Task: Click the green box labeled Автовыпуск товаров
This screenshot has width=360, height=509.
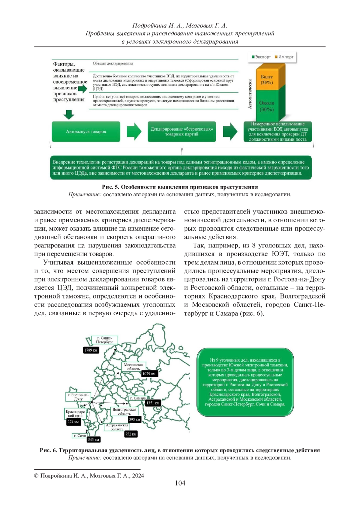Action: tap(86, 131)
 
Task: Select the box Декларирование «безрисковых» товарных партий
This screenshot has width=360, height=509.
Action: tap(181, 131)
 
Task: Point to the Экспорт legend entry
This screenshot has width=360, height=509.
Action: tap(261, 57)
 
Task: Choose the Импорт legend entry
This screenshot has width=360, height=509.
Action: tap(284, 57)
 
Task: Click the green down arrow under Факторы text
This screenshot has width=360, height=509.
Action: tap(69, 114)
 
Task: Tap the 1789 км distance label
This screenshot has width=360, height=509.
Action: tap(91, 350)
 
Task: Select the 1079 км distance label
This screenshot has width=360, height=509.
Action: tap(149, 374)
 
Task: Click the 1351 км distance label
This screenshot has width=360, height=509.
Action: tap(153, 403)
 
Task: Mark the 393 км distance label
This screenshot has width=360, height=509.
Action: tap(134, 419)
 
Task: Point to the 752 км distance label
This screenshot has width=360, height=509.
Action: tap(131, 434)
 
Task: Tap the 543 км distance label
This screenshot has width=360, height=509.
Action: tap(94, 439)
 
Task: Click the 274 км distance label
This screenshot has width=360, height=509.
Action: tap(73, 422)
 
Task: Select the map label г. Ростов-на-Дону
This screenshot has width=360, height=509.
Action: tap(78, 397)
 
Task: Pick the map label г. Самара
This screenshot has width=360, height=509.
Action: tap(137, 398)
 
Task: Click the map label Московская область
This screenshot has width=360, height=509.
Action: tap(134, 367)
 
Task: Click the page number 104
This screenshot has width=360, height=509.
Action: tap(180, 483)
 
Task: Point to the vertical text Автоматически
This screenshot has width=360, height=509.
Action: tap(250, 94)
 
